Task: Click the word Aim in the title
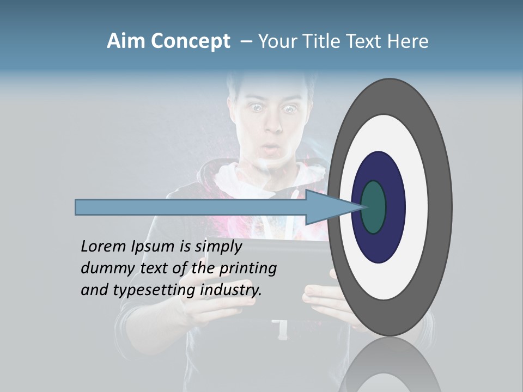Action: (x=126, y=41)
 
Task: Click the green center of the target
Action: (x=374, y=207)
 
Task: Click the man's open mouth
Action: (x=271, y=148)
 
